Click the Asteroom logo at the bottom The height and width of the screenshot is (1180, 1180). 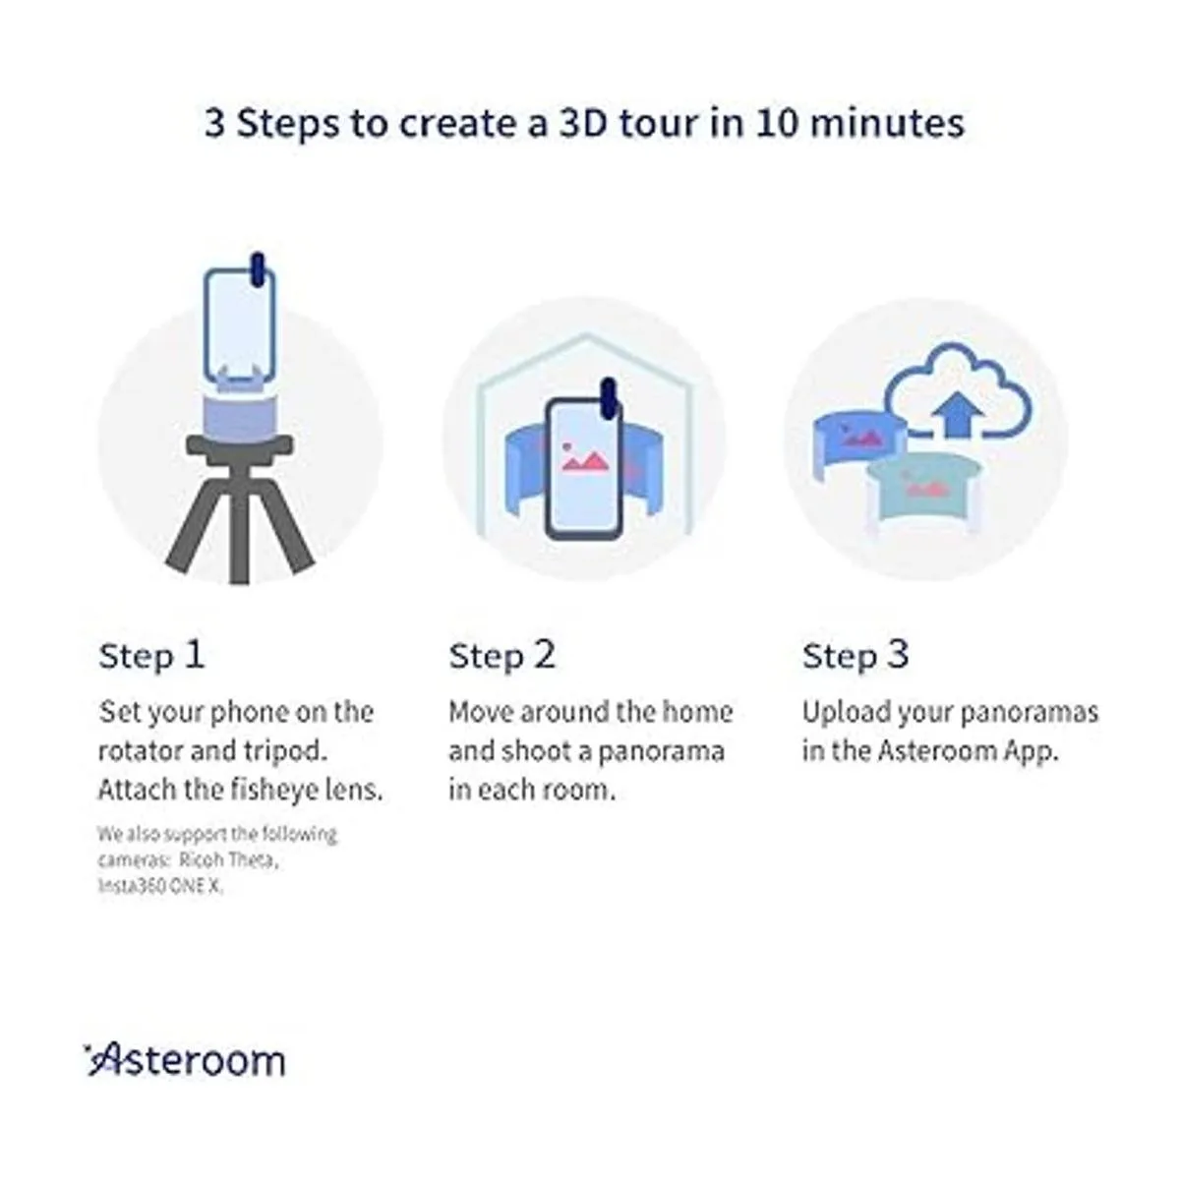pyautogui.click(x=185, y=1061)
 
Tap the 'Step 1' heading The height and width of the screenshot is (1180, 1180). pyautogui.click(x=151, y=657)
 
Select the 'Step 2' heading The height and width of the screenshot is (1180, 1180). pyautogui.click(x=502, y=657)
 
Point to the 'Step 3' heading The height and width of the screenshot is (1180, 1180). pyautogui.click(x=855, y=657)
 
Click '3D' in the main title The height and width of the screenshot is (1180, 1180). pyautogui.click(x=582, y=123)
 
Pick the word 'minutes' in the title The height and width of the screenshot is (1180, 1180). pyautogui.click(x=887, y=123)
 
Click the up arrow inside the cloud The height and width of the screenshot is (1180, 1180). pyautogui.click(x=957, y=415)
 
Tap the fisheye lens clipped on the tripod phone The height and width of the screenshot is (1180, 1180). pyautogui.click(x=258, y=269)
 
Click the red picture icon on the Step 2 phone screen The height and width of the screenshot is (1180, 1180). pyautogui.click(x=584, y=457)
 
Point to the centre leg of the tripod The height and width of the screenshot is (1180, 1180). pyautogui.click(x=239, y=527)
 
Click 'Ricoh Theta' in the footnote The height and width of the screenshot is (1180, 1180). pyautogui.click(x=228, y=859)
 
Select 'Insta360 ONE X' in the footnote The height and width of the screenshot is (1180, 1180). pyautogui.click(x=160, y=886)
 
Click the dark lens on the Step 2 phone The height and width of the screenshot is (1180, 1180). pyautogui.click(x=608, y=398)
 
